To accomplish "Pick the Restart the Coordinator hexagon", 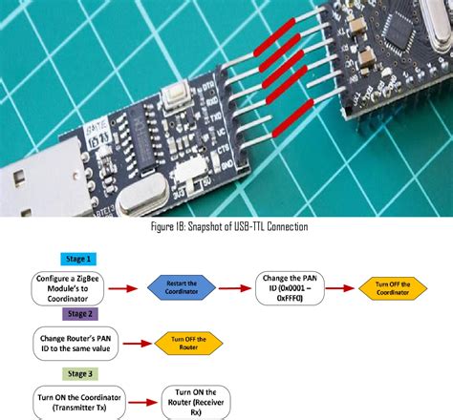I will (181, 286).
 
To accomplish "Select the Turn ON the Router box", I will (194, 401).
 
